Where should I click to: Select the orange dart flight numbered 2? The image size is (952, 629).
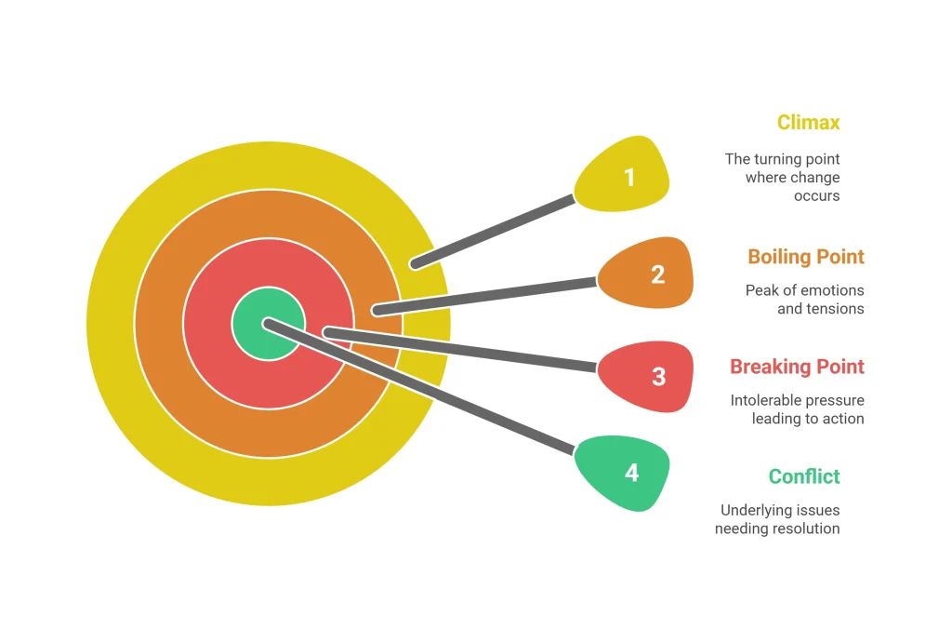point(646,273)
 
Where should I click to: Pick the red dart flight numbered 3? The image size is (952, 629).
point(646,376)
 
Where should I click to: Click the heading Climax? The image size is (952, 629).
point(808,123)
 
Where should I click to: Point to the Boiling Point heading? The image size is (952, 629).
point(806,257)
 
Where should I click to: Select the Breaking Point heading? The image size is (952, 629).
point(797,367)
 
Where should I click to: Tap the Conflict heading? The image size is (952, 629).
point(804,476)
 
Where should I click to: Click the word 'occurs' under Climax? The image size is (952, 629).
point(816,195)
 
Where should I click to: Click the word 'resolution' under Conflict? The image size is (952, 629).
point(807,529)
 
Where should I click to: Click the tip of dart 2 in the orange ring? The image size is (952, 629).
point(377,311)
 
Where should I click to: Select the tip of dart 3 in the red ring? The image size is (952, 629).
point(328,332)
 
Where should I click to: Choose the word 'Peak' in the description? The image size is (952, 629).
point(759,290)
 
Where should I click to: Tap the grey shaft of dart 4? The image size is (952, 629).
point(419,387)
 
